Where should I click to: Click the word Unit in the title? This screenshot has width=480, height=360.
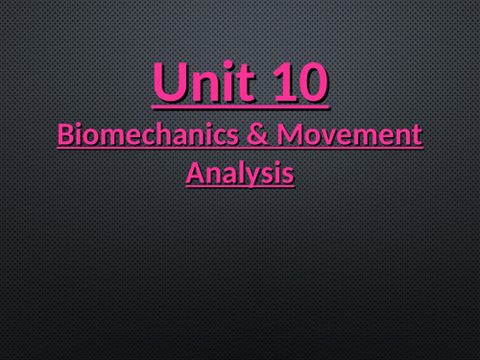(x=199, y=84)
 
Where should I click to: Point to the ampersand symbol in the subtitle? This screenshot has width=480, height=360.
(x=255, y=136)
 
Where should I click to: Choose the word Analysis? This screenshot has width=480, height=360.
(x=239, y=174)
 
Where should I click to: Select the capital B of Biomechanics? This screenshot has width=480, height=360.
(x=65, y=136)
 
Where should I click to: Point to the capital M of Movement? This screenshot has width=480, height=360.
(x=289, y=136)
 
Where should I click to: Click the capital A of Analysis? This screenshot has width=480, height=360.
(x=193, y=174)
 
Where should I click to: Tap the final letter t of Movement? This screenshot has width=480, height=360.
(x=416, y=137)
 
